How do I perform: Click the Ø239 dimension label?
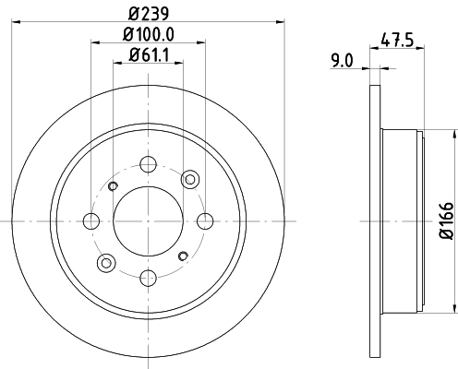pyautogui.click(x=149, y=14)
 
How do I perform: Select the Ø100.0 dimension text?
pyautogui.click(x=149, y=37)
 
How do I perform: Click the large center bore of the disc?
pyautogui.click(x=149, y=220)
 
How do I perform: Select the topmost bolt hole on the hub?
pyautogui.click(x=149, y=164)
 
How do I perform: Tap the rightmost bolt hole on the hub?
pyautogui.click(x=205, y=220)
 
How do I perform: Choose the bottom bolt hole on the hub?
pyautogui.click(x=149, y=276)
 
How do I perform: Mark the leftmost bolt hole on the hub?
pyautogui.click(x=92, y=220)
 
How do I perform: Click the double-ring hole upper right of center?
pyautogui.click(x=190, y=179)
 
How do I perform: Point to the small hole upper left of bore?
pyautogui.click(x=114, y=186)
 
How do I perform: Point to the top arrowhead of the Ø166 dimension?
pyautogui.click(x=453, y=133)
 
